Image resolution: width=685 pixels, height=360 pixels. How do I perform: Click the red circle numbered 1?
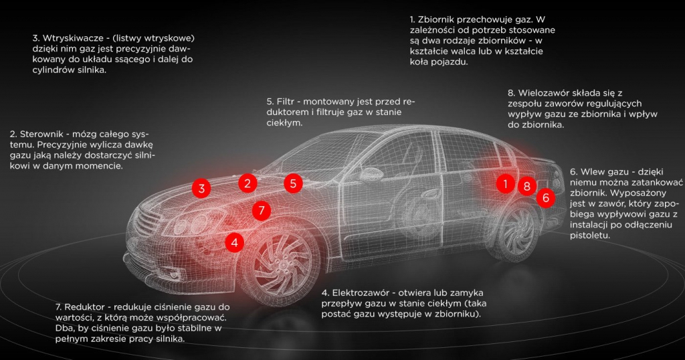506,184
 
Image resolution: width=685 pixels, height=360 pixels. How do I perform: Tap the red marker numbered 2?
248,183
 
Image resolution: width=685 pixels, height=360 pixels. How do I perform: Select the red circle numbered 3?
201,189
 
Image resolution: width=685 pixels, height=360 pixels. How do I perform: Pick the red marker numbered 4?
235,242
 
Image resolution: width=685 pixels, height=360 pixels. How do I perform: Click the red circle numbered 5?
293,183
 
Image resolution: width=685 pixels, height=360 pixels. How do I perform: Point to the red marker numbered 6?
546,197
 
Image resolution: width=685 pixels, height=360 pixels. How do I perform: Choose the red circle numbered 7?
262,211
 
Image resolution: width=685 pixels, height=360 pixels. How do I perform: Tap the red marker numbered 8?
527,186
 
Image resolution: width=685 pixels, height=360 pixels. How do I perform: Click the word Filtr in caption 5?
285,101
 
